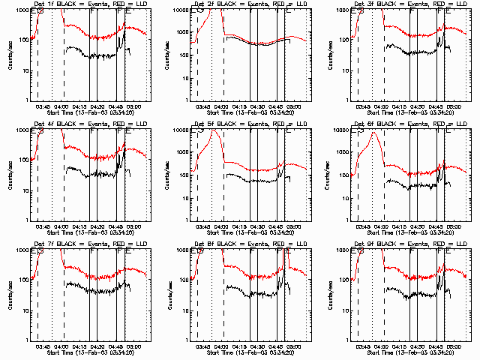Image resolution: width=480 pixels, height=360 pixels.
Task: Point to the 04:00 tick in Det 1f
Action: [x=64, y=106]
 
